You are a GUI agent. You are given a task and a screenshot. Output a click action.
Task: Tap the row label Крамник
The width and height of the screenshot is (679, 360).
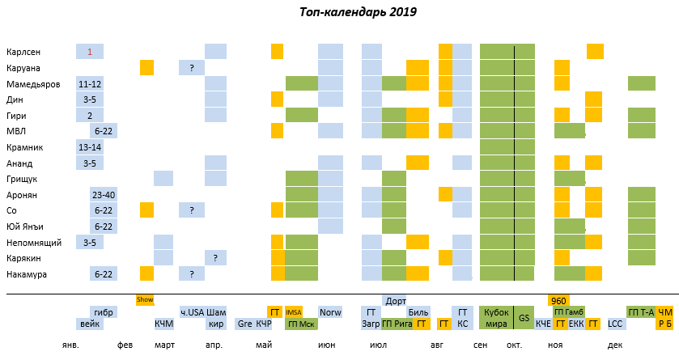point(24,147)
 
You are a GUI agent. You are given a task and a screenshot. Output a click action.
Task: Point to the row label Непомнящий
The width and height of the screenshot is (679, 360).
point(32,243)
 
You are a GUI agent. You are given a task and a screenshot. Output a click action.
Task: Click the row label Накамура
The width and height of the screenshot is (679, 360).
point(27,274)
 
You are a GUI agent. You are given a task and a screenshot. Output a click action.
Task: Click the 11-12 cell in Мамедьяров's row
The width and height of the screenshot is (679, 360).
point(90,83)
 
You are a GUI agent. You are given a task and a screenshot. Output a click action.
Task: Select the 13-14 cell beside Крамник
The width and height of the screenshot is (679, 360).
point(90,147)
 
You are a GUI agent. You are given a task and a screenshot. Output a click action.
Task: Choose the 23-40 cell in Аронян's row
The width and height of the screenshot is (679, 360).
point(104,195)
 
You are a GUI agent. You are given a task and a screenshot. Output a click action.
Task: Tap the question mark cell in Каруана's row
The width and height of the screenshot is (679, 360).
point(192,68)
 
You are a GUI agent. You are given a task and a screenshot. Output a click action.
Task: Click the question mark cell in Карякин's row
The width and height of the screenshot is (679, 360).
point(215,258)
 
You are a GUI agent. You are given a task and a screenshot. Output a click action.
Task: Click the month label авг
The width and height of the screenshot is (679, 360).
point(437,345)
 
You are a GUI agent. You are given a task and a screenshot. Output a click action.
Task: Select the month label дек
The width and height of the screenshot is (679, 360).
point(615,345)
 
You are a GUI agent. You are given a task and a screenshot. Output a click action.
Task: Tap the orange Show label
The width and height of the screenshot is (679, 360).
point(145,299)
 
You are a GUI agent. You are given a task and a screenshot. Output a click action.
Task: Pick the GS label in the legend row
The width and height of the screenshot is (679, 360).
point(524,318)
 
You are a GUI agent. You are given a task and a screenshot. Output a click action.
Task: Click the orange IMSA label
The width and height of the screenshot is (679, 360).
point(294,311)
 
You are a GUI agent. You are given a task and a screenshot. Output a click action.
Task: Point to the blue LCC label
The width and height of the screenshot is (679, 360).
point(616,324)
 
